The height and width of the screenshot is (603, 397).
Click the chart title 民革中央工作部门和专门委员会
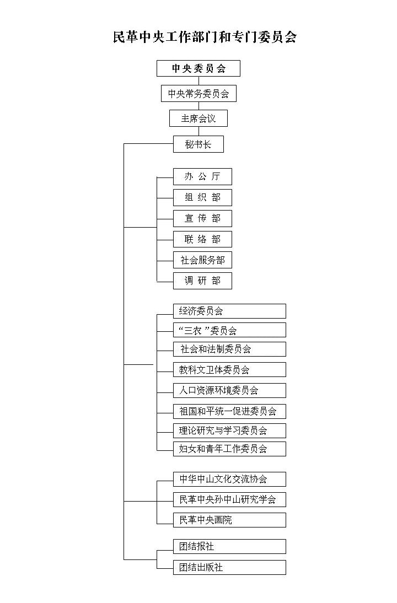[205, 37]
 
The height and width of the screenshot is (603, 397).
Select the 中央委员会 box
[198, 68]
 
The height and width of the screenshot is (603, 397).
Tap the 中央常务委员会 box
[198, 94]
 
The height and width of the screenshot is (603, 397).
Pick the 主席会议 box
[198, 119]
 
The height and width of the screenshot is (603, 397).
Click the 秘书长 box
[198, 144]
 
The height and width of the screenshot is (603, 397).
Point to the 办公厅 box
[202, 176]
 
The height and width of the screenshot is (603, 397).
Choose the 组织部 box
[202, 197]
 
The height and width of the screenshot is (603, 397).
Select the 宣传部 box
[202, 218]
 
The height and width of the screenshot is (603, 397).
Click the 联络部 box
[202, 239]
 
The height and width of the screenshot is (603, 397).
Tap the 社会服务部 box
[202, 260]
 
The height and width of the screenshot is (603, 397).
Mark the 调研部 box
[202, 281]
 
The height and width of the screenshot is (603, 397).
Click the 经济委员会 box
[229, 311]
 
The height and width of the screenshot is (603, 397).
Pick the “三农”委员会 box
[229, 330]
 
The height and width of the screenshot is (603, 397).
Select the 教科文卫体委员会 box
[229, 369]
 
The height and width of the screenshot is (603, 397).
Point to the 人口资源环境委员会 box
[229, 390]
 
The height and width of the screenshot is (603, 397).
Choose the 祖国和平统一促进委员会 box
[229, 411]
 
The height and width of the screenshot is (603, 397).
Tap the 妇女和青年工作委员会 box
[229, 449]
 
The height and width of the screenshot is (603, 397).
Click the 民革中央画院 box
[229, 520]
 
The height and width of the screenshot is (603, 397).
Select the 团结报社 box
[229, 546]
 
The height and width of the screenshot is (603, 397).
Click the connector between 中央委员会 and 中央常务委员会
[198, 81]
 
